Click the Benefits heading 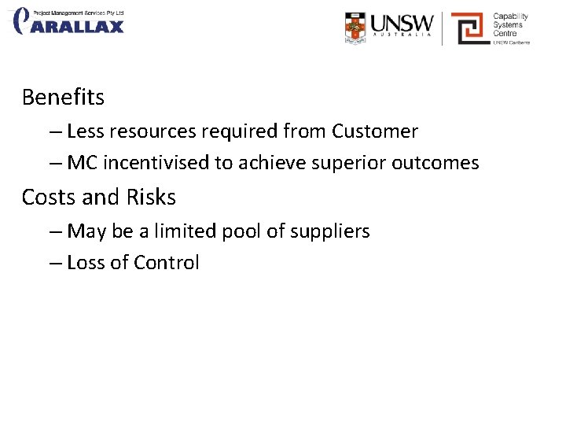tap(63, 98)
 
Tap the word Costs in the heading tap(48, 197)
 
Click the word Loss tap(86, 263)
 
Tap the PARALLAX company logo tap(68, 21)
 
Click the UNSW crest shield tap(355, 27)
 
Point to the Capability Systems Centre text tap(510, 25)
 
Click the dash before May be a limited tap(55, 231)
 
